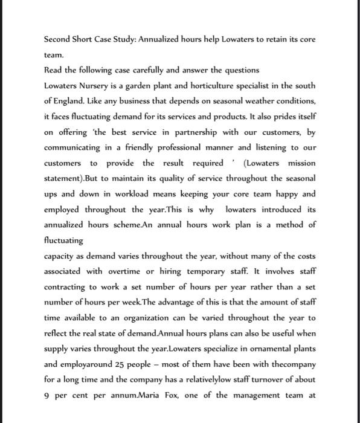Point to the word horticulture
[x=201, y=86]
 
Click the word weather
[x=240, y=101]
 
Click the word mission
[x=301, y=163]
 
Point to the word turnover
[x=272, y=380]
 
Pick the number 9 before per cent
[x=48, y=395]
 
